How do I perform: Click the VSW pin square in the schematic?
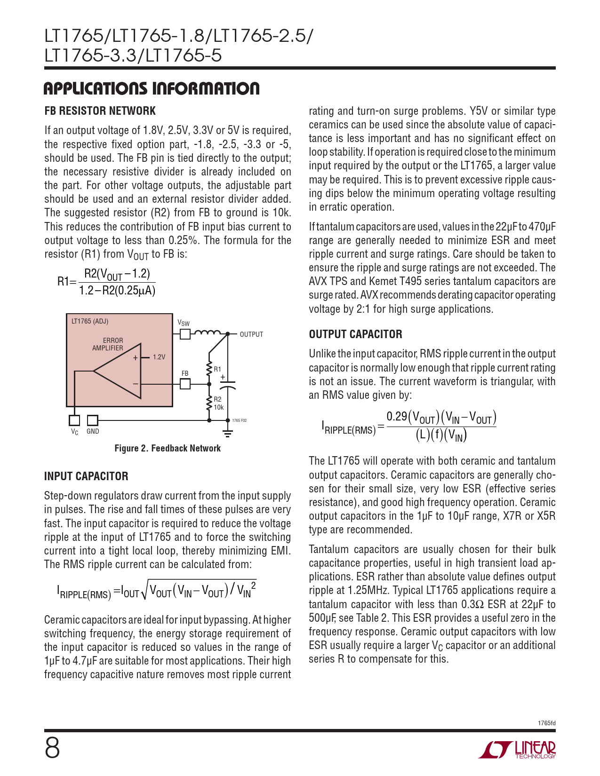tap(185, 334)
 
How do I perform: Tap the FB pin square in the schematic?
tap(185, 384)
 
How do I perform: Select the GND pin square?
tap(93, 420)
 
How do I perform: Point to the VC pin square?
tap(74, 420)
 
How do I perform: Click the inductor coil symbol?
tap(207, 333)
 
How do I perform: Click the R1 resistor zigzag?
tap(209, 370)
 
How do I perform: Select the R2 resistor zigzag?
tap(209, 404)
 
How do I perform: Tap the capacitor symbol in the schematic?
tap(228, 384)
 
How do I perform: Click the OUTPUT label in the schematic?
tap(251, 334)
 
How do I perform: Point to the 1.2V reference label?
tap(159, 357)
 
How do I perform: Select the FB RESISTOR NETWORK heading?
tap(100, 111)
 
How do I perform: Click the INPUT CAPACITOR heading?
tap(86, 476)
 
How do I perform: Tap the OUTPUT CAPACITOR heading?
tap(355, 334)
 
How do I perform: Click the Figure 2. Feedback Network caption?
tap(168, 448)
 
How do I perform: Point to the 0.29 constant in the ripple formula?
tap(397, 416)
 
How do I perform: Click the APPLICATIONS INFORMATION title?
tap(152, 88)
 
